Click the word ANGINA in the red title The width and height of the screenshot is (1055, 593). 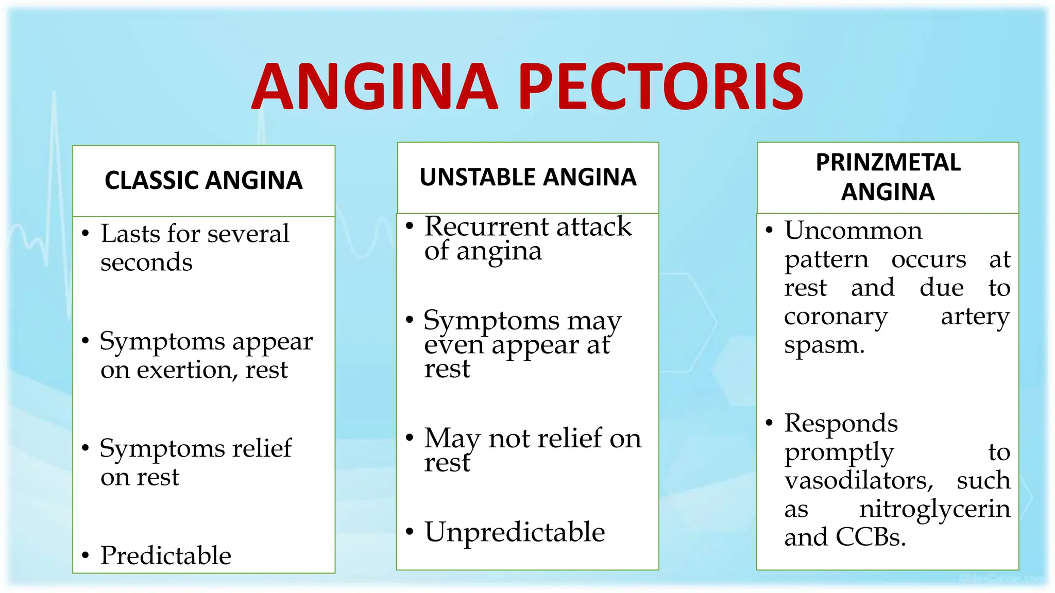[375, 86]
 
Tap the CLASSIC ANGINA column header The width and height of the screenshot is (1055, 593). [203, 180]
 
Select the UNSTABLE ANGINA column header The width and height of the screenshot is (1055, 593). [528, 177]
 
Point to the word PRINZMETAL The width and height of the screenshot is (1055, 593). [888, 163]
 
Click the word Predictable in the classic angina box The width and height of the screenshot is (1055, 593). [165, 555]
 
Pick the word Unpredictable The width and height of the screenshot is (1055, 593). [515, 532]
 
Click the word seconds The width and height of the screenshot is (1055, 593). [146, 263]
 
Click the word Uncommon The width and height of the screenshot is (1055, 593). [853, 230]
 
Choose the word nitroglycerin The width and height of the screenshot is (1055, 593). [934, 509]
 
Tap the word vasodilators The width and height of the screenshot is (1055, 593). [859, 480]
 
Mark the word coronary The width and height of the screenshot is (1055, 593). [836, 317]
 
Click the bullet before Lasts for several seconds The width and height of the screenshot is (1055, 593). [86, 234]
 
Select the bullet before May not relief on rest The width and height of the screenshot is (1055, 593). [410, 438]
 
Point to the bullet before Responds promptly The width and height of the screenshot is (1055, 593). [769, 423]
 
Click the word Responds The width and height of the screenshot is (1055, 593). [841, 424]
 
